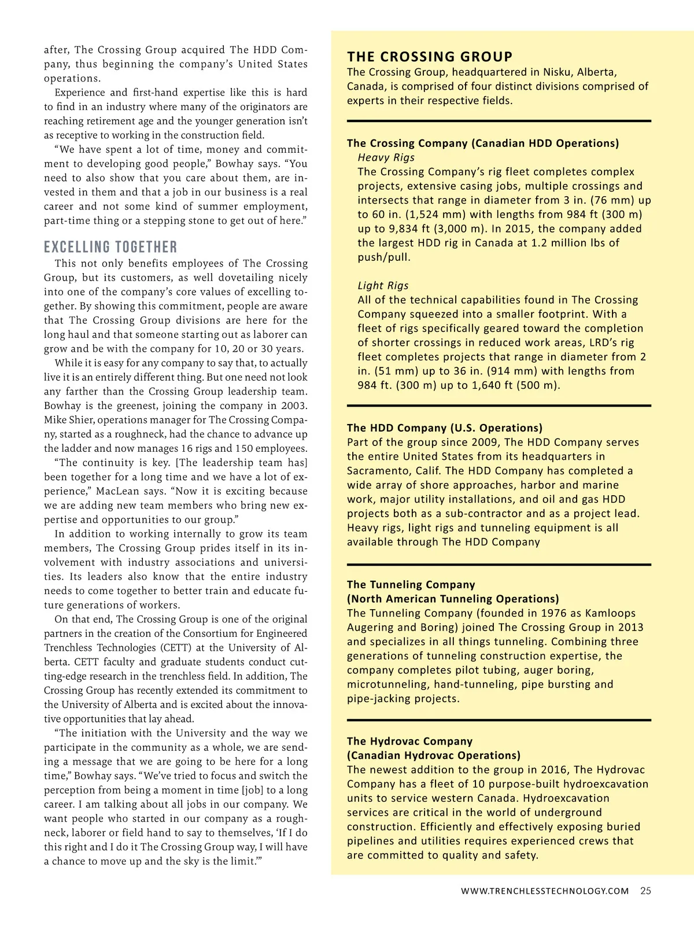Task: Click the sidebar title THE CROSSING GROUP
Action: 430,57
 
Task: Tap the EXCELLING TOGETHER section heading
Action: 110,248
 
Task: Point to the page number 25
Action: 645,891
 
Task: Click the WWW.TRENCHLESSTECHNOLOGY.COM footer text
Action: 544,891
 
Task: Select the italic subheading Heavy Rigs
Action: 386,157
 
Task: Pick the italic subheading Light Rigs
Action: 383,286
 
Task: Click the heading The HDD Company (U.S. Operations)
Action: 444,428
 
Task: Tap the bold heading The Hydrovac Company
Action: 409,741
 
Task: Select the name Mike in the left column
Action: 55,420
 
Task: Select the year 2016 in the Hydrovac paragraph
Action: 554,770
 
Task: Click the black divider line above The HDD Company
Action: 499,405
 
